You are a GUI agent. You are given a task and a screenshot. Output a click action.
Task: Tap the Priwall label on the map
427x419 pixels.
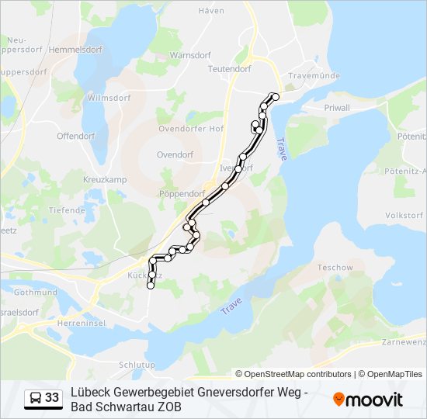(x=337, y=107)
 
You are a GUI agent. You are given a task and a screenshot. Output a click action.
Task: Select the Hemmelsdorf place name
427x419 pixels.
(x=76, y=48)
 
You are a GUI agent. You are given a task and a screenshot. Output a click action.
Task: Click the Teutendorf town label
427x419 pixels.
(x=230, y=68)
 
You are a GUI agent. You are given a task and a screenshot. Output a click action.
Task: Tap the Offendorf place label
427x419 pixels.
(x=76, y=136)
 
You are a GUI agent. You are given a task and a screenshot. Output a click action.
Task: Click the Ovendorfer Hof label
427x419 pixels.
(x=191, y=129)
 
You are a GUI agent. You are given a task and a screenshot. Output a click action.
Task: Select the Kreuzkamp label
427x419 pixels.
(x=105, y=179)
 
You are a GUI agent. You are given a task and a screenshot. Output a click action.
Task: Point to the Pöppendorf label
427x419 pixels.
(x=181, y=193)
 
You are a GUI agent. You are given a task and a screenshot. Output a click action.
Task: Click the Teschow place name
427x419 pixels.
(x=335, y=268)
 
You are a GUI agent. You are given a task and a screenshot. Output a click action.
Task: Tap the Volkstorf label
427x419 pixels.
(x=403, y=214)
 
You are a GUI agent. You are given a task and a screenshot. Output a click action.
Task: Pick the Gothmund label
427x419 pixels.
(x=35, y=293)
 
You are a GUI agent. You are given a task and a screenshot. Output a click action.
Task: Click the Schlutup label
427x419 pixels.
(x=137, y=365)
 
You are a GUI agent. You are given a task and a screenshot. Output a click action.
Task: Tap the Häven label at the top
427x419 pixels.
(x=211, y=11)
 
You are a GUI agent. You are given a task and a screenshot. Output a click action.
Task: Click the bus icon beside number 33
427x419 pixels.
(x=36, y=398)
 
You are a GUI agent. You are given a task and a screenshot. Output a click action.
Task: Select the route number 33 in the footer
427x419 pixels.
(x=52, y=398)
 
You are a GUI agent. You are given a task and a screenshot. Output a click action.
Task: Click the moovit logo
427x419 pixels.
(x=368, y=400)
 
